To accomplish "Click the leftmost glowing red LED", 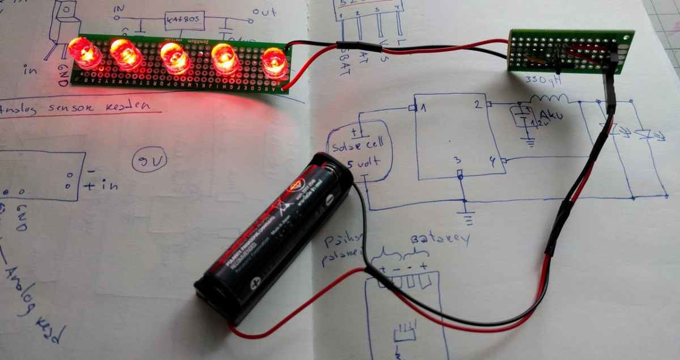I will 84,52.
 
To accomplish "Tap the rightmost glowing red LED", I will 275,62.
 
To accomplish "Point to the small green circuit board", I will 569,51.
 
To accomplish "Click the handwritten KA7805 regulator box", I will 184,21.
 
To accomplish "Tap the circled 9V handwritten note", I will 150,162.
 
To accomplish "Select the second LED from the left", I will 126,54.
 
